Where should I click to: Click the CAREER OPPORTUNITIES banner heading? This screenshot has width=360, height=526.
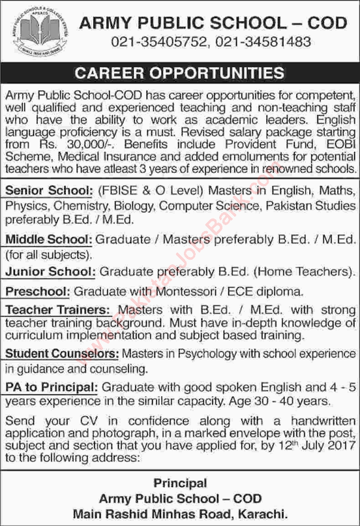click(x=179, y=72)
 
